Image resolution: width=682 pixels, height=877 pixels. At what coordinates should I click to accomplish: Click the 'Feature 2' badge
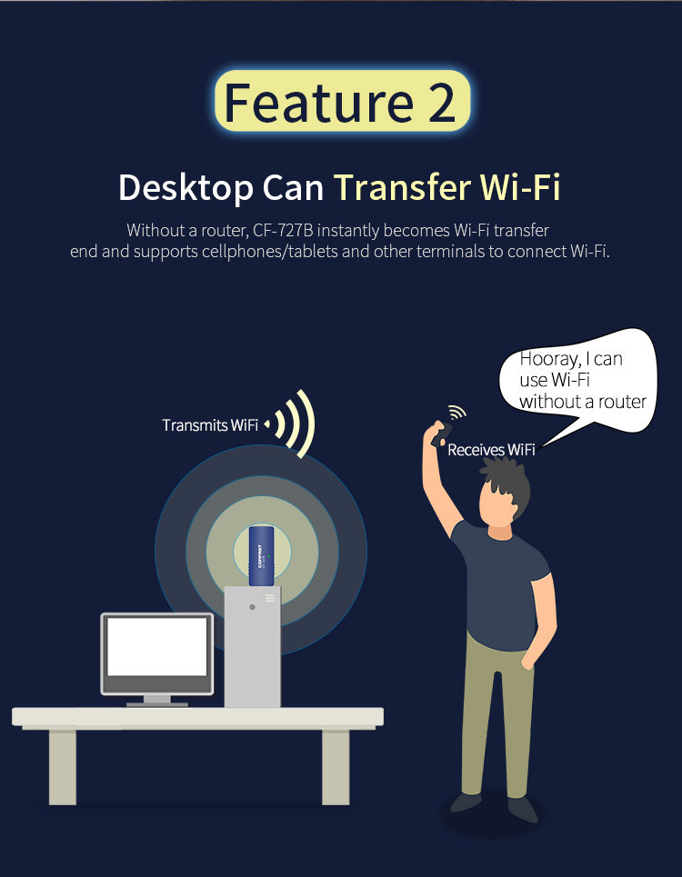[343, 101]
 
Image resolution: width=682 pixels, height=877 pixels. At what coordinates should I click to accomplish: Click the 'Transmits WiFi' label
[210, 425]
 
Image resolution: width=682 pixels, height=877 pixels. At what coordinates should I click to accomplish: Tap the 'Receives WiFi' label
[491, 450]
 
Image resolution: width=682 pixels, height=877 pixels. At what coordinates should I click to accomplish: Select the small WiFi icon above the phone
[457, 413]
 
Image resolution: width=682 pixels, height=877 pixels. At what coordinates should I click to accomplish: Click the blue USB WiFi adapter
[261, 556]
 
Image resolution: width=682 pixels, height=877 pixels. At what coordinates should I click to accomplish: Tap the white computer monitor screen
[157, 646]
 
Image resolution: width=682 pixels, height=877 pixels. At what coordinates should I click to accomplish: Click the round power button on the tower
[252, 607]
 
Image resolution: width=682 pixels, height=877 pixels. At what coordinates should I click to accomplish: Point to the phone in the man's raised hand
[441, 434]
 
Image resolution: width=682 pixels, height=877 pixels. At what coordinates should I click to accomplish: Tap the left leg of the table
[62, 767]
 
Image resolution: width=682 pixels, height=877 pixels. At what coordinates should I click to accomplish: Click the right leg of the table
[336, 767]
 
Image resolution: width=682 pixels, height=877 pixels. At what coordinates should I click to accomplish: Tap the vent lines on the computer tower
[270, 598]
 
